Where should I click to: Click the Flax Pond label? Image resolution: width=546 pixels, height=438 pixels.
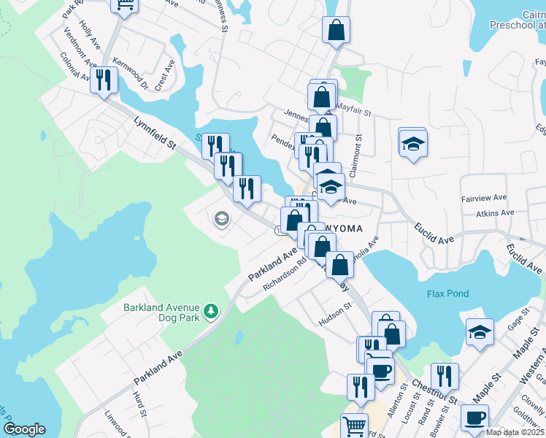[x=447, y=293]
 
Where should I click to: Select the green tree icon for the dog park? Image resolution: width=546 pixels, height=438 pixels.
[x=211, y=312]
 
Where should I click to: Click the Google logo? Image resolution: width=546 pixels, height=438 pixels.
[x=24, y=429]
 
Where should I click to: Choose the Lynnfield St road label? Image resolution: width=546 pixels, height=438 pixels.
[x=155, y=135]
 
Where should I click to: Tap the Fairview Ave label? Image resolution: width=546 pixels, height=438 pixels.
[x=483, y=198]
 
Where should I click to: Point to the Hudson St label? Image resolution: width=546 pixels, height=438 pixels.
[x=335, y=318]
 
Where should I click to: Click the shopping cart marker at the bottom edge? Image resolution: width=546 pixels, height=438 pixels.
[x=355, y=426]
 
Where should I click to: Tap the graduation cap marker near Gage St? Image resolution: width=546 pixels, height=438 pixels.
[x=480, y=332]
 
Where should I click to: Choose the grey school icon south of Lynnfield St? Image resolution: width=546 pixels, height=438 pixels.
[x=221, y=218]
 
